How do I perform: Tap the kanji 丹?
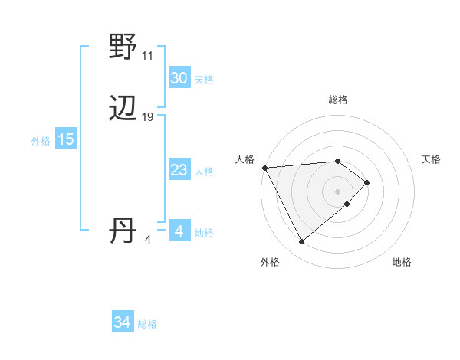[123, 231]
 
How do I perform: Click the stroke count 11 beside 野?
[147, 56]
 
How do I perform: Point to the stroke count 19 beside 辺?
[148, 117]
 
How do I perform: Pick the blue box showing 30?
[179, 78]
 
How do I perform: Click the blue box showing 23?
[179, 170]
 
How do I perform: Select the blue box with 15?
[66, 139]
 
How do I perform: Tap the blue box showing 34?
[122, 322]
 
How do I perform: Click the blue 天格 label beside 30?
[204, 80]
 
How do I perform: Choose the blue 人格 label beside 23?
[204, 172]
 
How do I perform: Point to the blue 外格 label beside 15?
[41, 141]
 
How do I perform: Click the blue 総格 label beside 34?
[147, 324]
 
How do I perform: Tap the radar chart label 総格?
[338, 100]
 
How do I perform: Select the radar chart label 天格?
[431, 159]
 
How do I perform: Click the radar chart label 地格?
[402, 262]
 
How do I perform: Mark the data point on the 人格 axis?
[264, 168]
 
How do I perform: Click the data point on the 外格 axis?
[301, 242]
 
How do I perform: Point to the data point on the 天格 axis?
[367, 182]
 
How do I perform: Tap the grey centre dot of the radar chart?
[338, 191]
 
